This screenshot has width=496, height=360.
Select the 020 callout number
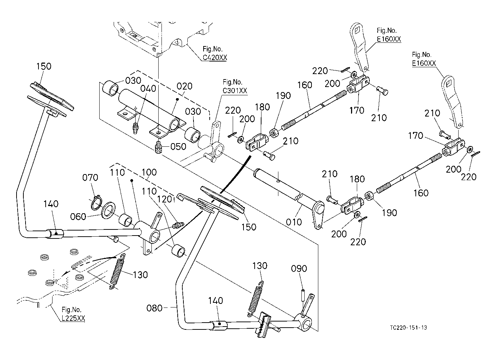point(185,87)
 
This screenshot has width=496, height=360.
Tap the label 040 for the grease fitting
point(148,88)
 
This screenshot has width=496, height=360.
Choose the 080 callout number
point(155,308)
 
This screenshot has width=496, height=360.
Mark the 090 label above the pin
point(299,269)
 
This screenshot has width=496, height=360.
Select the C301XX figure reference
point(235,91)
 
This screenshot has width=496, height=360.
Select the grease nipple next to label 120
point(177,225)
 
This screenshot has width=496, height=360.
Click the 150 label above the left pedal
point(44,67)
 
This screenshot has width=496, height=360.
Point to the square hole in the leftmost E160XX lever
point(358,31)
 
